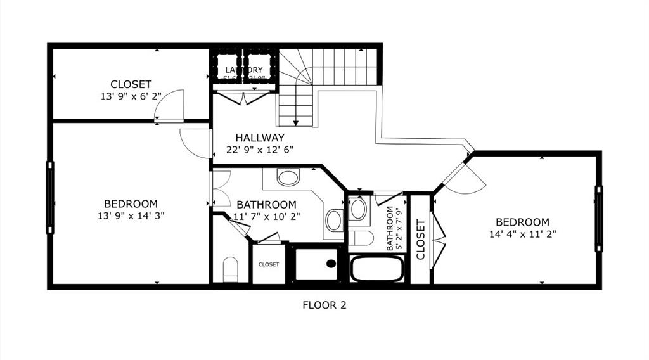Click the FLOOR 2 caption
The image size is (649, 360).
tap(324, 305)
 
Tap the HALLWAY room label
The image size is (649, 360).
tap(260, 138)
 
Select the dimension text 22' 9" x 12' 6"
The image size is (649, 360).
tap(260, 150)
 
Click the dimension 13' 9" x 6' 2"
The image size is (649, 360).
tap(131, 97)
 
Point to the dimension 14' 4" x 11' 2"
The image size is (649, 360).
tap(522, 235)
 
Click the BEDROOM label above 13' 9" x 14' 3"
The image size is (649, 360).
tap(131, 203)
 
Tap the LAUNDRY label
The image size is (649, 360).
tap(244, 70)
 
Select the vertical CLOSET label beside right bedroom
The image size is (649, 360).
tap(420, 240)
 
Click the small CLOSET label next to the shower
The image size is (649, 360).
tap(269, 264)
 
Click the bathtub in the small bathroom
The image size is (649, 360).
tap(376, 269)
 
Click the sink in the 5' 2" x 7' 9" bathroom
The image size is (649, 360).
tap(357, 209)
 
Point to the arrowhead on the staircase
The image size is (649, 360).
tap(296, 122)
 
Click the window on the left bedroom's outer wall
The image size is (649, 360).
tap(50, 197)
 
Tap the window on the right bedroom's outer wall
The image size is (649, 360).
tap(598, 219)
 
